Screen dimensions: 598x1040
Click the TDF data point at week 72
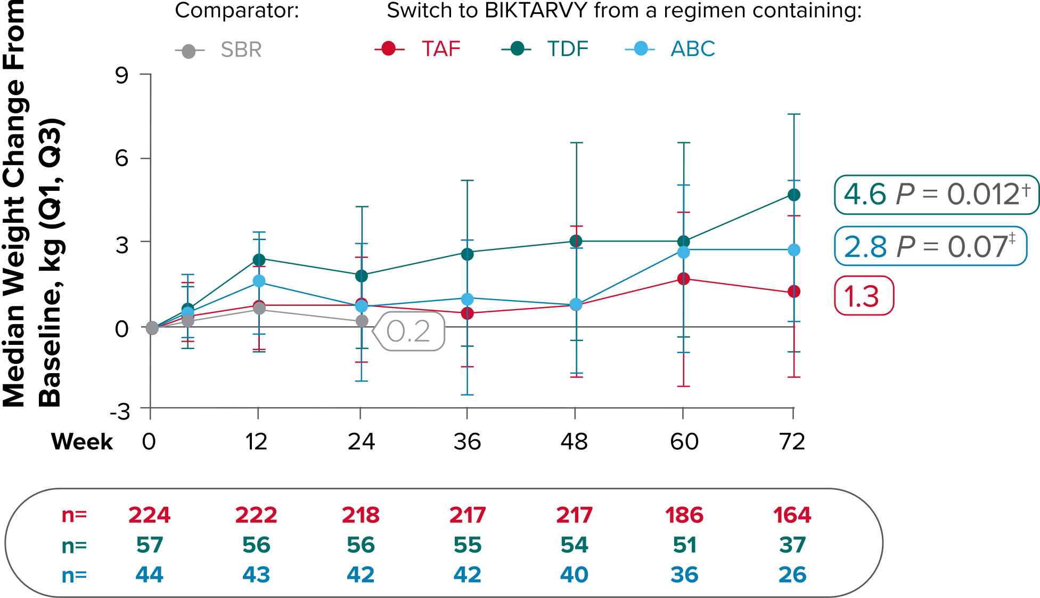pyautogui.click(x=793, y=195)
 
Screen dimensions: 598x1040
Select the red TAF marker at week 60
pyautogui.click(x=683, y=279)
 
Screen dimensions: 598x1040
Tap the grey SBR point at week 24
pyautogui.click(x=362, y=321)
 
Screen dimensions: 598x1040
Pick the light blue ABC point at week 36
pyautogui.click(x=467, y=299)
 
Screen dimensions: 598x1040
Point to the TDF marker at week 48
pyautogui.click(x=576, y=241)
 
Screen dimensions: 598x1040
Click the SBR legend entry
pyautogui.click(x=241, y=50)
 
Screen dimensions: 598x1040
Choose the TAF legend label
pyautogui.click(x=441, y=49)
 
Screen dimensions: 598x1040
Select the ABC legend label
pyautogui.click(x=692, y=49)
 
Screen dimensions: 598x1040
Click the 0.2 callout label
pyautogui.click(x=408, y=332)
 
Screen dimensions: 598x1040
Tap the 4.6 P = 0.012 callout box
pyautogui.click(x=936, y=195)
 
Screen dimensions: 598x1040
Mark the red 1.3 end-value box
pyautogui.click(x=863, y=296)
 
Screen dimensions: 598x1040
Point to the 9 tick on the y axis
pyautogui.click(x=122, y=75)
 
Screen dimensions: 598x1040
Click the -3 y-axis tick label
pyautogui.click(x=120, y=411)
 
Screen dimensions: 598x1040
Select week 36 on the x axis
pyautogui.click(x=467, y=442)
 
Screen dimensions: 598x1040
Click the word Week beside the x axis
pyautogui.click(x=82, y=442)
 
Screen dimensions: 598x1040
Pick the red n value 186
pyautogui.click(x=684, y=515)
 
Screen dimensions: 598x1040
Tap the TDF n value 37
pyautogui.click(x=792, y=545)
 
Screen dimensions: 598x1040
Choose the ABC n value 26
pyautogui.click(x=792, y=575)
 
